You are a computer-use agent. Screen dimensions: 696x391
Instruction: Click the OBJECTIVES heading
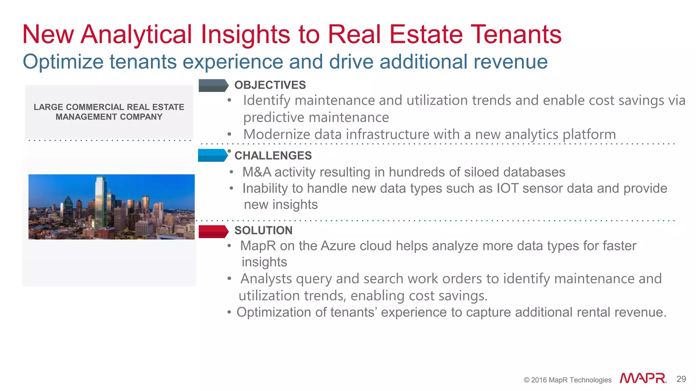(x=270, y=85)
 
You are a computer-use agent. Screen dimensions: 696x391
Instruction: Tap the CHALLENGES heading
(x=273, y=155)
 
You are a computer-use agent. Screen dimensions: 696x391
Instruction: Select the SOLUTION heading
(x=263, y=230)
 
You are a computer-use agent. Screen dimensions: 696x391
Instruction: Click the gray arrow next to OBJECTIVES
(x=213, y=86)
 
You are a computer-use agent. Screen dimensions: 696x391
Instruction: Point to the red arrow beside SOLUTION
(x=213, y=231)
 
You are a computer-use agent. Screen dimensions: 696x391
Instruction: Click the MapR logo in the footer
(x=643, y=378)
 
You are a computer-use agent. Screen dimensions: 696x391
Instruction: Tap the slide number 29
(x=681, y=379)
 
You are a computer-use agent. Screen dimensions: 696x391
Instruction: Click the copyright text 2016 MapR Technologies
(x=568, y=380)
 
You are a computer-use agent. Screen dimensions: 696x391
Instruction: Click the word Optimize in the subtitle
(x=63, y=62)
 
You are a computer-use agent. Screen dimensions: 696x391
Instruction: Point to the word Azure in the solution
(x=338, y=246)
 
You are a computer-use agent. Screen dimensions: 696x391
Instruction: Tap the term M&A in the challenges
(x=257, y=172)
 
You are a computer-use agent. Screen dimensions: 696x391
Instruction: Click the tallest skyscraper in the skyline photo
(x=101, y=200)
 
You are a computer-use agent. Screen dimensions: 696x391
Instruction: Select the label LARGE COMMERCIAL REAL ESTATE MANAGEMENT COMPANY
(x=109, y=112)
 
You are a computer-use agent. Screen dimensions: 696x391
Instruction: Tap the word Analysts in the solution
(x=266, y=279)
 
